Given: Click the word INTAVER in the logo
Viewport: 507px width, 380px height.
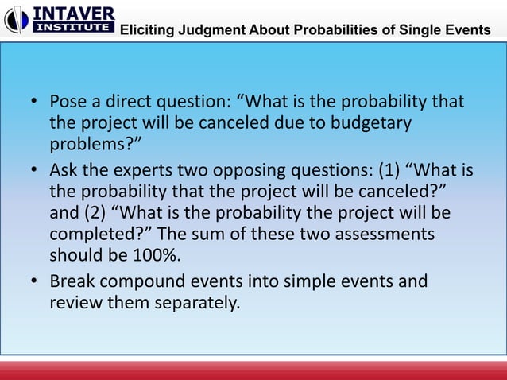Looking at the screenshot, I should [73, 13].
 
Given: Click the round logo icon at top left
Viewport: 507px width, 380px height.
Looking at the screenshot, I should [16, 20].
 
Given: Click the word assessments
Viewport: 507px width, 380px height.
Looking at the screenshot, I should [386, 235].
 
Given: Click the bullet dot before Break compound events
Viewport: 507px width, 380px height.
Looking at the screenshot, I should [36, 282].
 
